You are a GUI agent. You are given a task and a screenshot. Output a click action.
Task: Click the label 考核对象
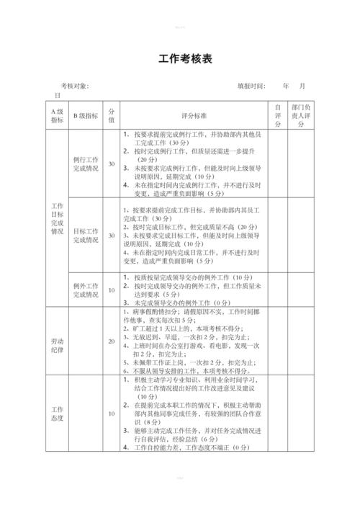pos(74,86)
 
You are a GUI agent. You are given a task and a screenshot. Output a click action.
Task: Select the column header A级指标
pos(58,116)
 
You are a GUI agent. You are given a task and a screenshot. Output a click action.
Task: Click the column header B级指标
pos(86,116)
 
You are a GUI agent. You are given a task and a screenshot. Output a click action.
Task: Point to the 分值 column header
pos(112,116)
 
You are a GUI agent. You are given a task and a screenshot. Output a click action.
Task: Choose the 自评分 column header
pos(277,115)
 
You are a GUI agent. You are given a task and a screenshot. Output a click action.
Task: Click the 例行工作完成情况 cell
pos(86,164)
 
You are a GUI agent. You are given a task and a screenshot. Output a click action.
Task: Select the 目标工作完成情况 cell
pos(86,236)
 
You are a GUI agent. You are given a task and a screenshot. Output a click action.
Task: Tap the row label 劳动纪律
pos(58,341)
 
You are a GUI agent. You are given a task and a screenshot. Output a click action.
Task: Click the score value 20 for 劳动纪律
pos(112,341)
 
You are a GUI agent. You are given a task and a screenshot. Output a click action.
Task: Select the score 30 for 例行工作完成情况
pos(112,164)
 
